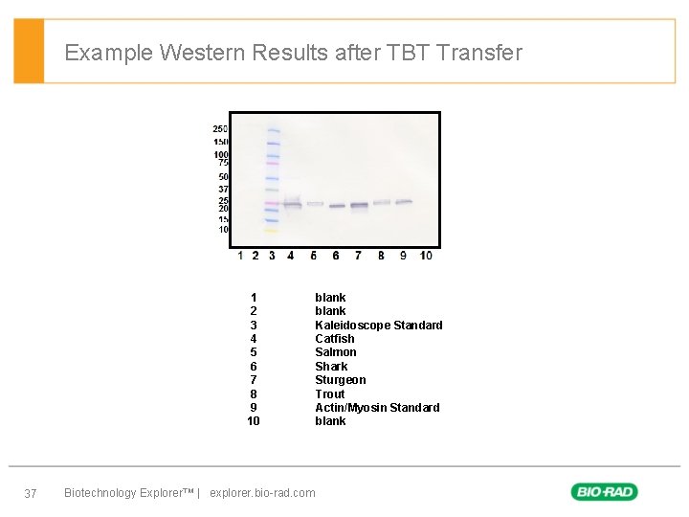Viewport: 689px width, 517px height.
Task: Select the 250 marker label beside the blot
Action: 220,129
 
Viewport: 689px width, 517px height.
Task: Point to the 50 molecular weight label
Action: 223,176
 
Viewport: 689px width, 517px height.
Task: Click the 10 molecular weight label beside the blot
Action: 223,229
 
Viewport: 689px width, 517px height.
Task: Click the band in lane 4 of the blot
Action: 292,203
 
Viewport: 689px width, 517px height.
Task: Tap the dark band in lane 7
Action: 359,205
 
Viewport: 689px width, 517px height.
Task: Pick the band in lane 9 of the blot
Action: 403,201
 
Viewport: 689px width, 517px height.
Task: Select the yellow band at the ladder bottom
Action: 271,231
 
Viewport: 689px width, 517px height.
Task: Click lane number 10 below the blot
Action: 426,256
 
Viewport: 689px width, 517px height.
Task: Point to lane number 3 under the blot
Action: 272,256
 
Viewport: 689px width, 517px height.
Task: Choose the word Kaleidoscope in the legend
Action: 352,325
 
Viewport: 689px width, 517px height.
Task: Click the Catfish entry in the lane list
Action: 335,338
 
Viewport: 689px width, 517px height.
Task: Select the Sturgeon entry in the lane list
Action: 341,379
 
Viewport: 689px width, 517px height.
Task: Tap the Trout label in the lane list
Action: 330,393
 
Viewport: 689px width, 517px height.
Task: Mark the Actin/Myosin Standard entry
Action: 377,407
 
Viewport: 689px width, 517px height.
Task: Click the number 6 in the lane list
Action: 254,366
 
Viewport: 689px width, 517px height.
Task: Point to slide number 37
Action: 30,493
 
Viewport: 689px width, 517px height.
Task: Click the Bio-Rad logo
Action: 604,492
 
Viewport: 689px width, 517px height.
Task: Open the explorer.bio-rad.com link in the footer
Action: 262,493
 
